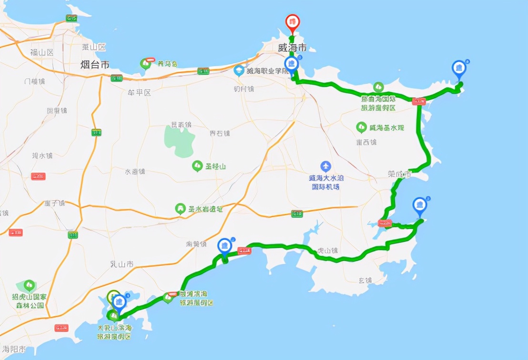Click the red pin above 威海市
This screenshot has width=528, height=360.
pyautogui.click(x=292, y=22)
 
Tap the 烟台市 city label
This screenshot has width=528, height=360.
pyautogui.click(x=94, y=64)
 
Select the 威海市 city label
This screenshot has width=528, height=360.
pyautogui.click(x=292, y=48)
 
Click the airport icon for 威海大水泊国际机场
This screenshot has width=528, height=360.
pyautogui.click(x=325, y=167)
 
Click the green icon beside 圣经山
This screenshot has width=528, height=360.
pyautogui.click(x=196, y=166)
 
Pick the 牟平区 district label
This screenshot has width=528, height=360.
pyautogui.click(x=140, y=93)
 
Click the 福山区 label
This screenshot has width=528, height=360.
pyautogui.click(x=42, y=52)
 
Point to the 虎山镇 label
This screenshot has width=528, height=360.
pyautogui.click(x=327, y=250)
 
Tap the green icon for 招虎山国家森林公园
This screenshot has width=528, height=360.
pyautogui.click(x=29, y=285)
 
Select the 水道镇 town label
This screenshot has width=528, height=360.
pyautogui.click(x=135, y=171)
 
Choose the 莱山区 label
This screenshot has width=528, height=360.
pyautogui.click(x=93, y=47)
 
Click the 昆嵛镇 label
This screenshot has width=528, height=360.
pyautogui.click(x=181, y=125)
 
